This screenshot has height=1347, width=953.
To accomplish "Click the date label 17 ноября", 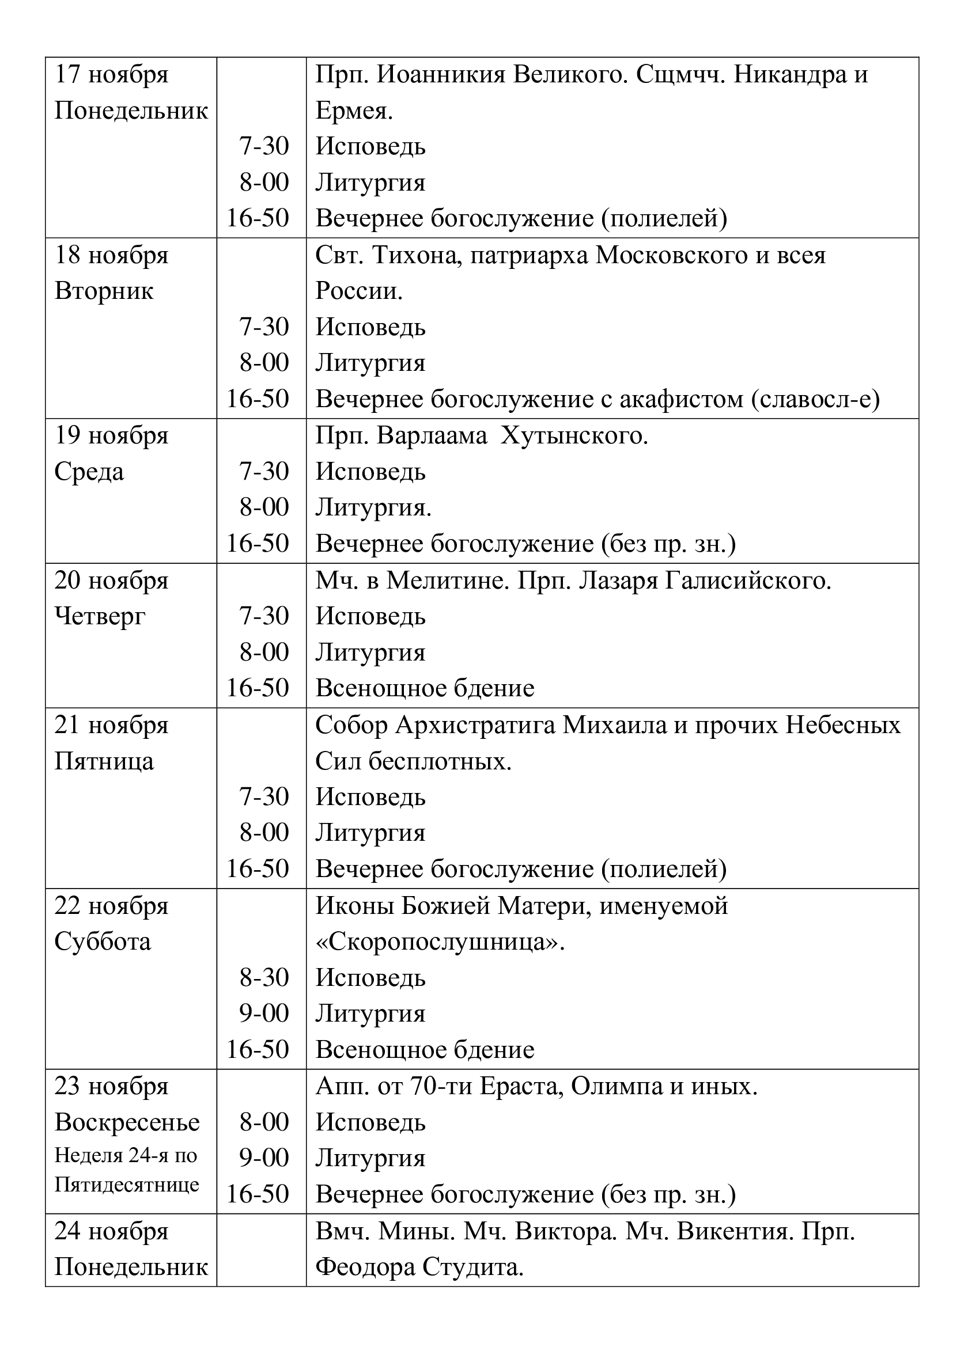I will [x=112, y=75].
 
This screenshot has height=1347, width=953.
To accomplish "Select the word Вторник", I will [x=104, y=291].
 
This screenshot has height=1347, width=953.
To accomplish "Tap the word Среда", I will [x=89, y=472].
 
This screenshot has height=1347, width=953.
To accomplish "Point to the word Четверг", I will [x=100, y=617].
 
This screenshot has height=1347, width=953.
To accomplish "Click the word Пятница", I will [x=104, y=761].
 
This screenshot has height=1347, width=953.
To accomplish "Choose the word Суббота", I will [x=103, y=942].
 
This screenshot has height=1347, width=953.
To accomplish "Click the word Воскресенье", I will [x=127, y=1122].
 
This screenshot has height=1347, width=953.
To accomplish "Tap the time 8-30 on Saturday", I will [x=264, y=977].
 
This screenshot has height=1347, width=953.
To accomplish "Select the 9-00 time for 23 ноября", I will [x=264, y=1158].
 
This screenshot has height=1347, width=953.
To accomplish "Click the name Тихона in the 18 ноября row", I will [x=414, y=256].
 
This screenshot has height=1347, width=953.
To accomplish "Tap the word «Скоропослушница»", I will [x=440, y=942].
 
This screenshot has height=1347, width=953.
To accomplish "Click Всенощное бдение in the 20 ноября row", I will [x=425, y=688].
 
